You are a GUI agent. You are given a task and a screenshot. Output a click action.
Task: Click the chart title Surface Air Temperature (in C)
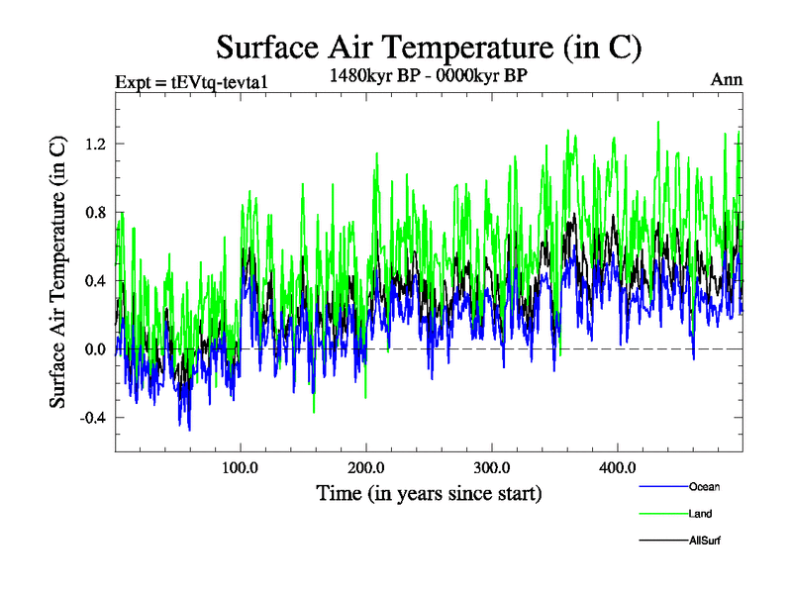click(429, 47)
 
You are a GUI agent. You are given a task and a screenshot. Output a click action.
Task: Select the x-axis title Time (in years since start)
click(429, 491)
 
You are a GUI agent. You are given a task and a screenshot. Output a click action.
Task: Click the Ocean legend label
click(704, 487)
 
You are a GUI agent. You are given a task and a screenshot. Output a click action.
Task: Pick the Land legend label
click(700, 514)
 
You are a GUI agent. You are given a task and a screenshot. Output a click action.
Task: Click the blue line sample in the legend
click(662, 487)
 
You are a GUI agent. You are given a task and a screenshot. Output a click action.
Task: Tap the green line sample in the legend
click(662, 514)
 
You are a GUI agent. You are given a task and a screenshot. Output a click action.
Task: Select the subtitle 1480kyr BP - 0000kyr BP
click(429, 73)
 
